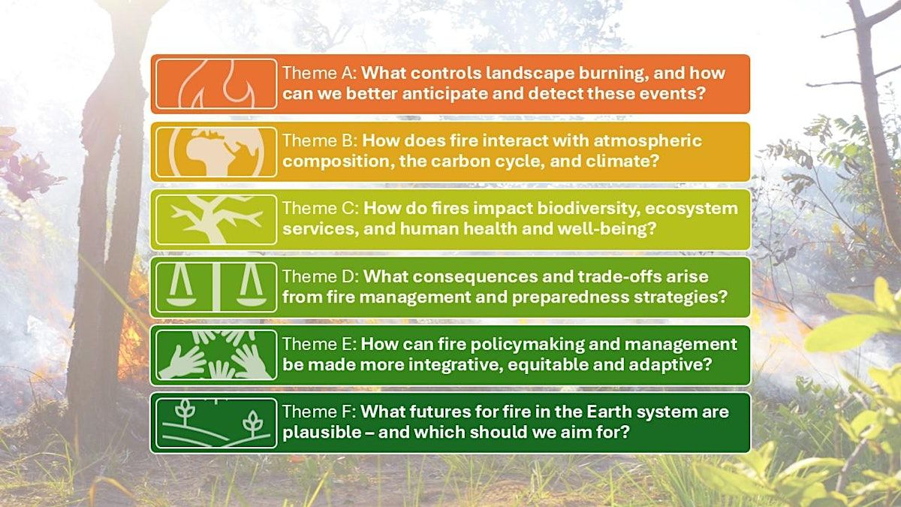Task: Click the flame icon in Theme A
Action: (x=216, y=84)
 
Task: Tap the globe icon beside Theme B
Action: (x=216, y=152)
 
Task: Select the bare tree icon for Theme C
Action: (x=216, y=219)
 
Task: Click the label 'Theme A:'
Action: (x=319, y=73)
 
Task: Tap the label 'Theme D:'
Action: (x=321, y=276)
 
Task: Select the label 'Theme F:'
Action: (x=319, y=412)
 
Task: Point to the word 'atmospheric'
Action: (x=647, y=141)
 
